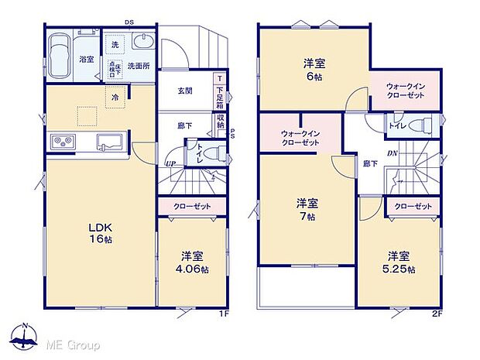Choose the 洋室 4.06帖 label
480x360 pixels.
(x=194, y=262)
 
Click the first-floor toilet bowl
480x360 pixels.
(x=218, y=153)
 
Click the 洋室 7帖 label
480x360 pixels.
(x=306, y=210)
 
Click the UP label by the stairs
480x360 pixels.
(x=168, y=163)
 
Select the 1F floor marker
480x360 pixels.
(x=224, y=314)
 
